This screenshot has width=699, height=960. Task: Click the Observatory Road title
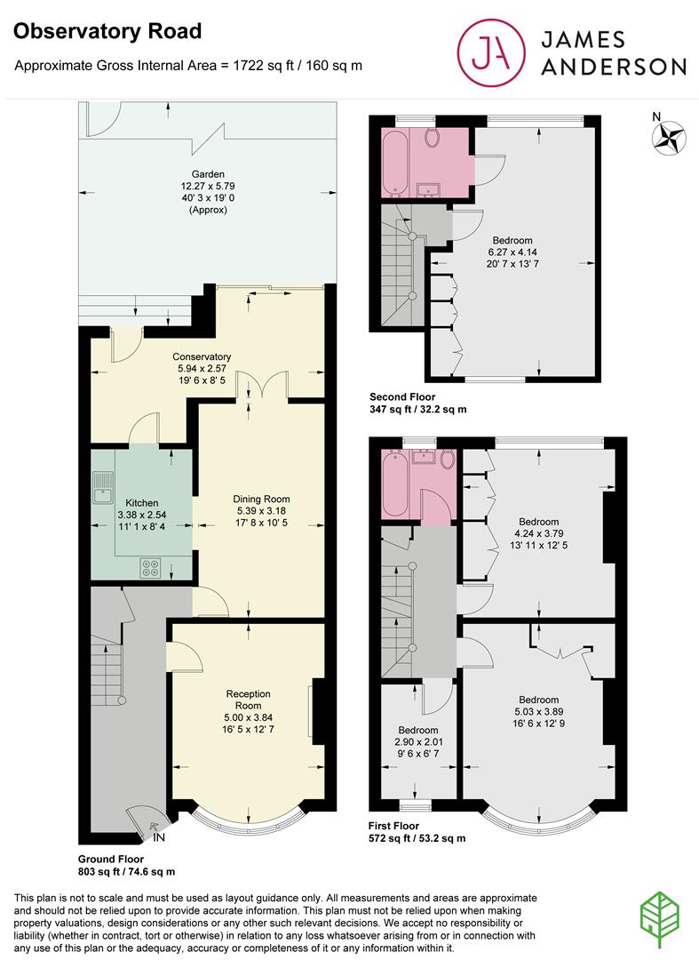click(107, 31)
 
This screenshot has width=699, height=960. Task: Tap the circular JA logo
click(491, 52)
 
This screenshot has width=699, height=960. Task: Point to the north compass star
click(669, 137)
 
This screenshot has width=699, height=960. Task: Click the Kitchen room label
click(142, 502)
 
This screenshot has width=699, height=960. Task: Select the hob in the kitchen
click(150, 568)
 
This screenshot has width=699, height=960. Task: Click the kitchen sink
click(103, 487)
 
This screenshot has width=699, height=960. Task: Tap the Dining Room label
click(261, 499)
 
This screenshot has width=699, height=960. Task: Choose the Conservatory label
click(202, 356)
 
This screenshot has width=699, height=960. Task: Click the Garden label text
click(208, 174)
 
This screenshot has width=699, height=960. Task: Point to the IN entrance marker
click(159, 837)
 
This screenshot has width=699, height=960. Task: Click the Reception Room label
click(249, 700)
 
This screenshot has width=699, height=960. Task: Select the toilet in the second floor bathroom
click(433, 138)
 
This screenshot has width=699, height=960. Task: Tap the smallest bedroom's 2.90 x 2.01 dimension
click(419, 741)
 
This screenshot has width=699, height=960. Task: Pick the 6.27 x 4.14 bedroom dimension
click(512, 252)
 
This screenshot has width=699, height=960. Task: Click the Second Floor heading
click(402, 396)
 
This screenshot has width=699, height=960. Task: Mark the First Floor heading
click(393, 825)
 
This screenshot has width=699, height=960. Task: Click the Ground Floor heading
click(111, 859)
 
